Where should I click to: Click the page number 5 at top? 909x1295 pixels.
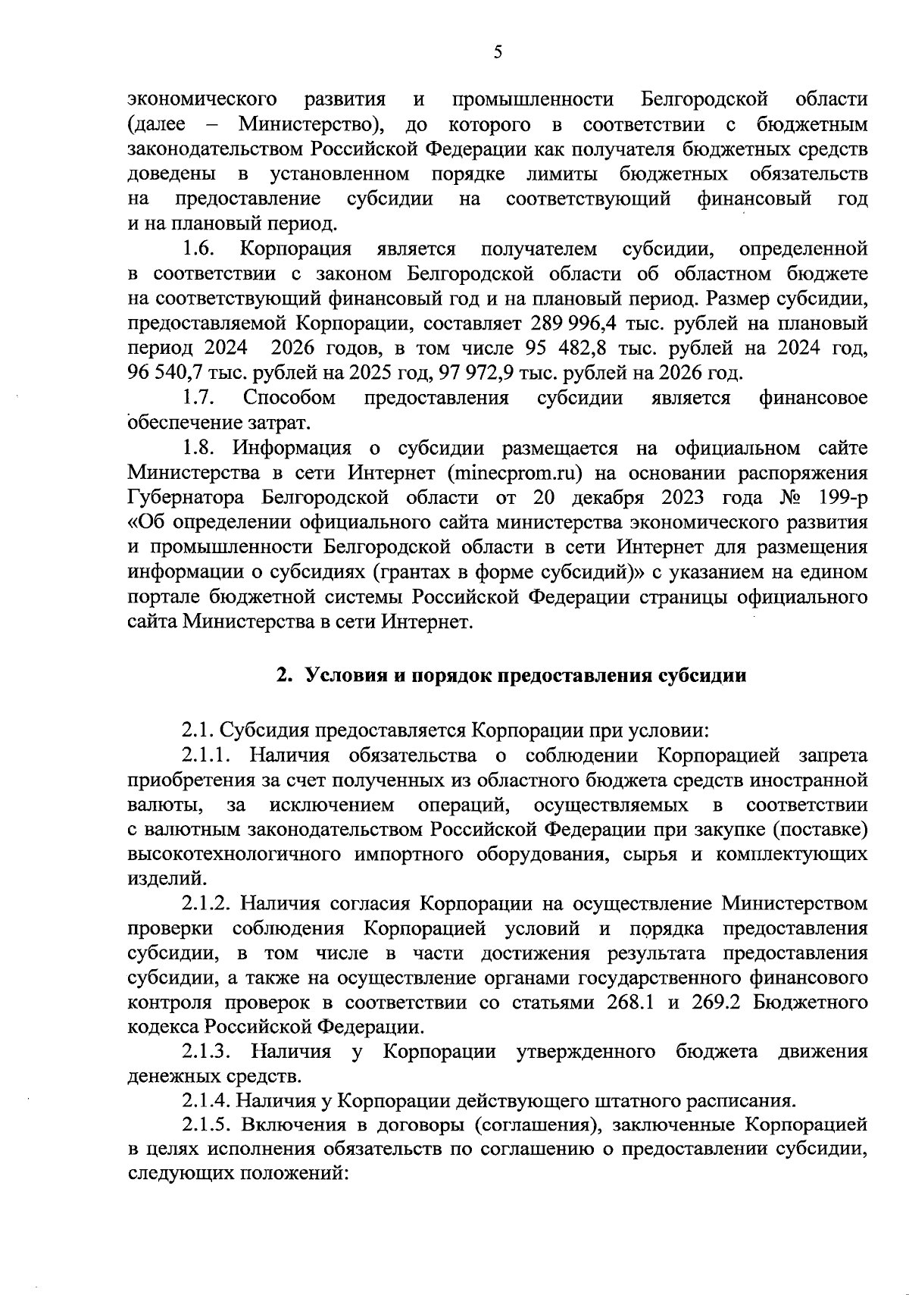click(x=497, y=52)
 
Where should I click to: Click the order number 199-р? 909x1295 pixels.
click(x=839, y=498)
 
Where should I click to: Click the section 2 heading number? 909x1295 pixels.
click(x=283, y=677)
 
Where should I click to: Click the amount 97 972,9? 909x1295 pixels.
click(x=471, y=373)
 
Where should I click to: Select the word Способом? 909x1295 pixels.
click(x=289, y=398)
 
